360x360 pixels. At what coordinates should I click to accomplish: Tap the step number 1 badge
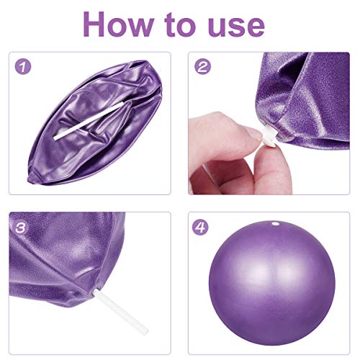[24, 67]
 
